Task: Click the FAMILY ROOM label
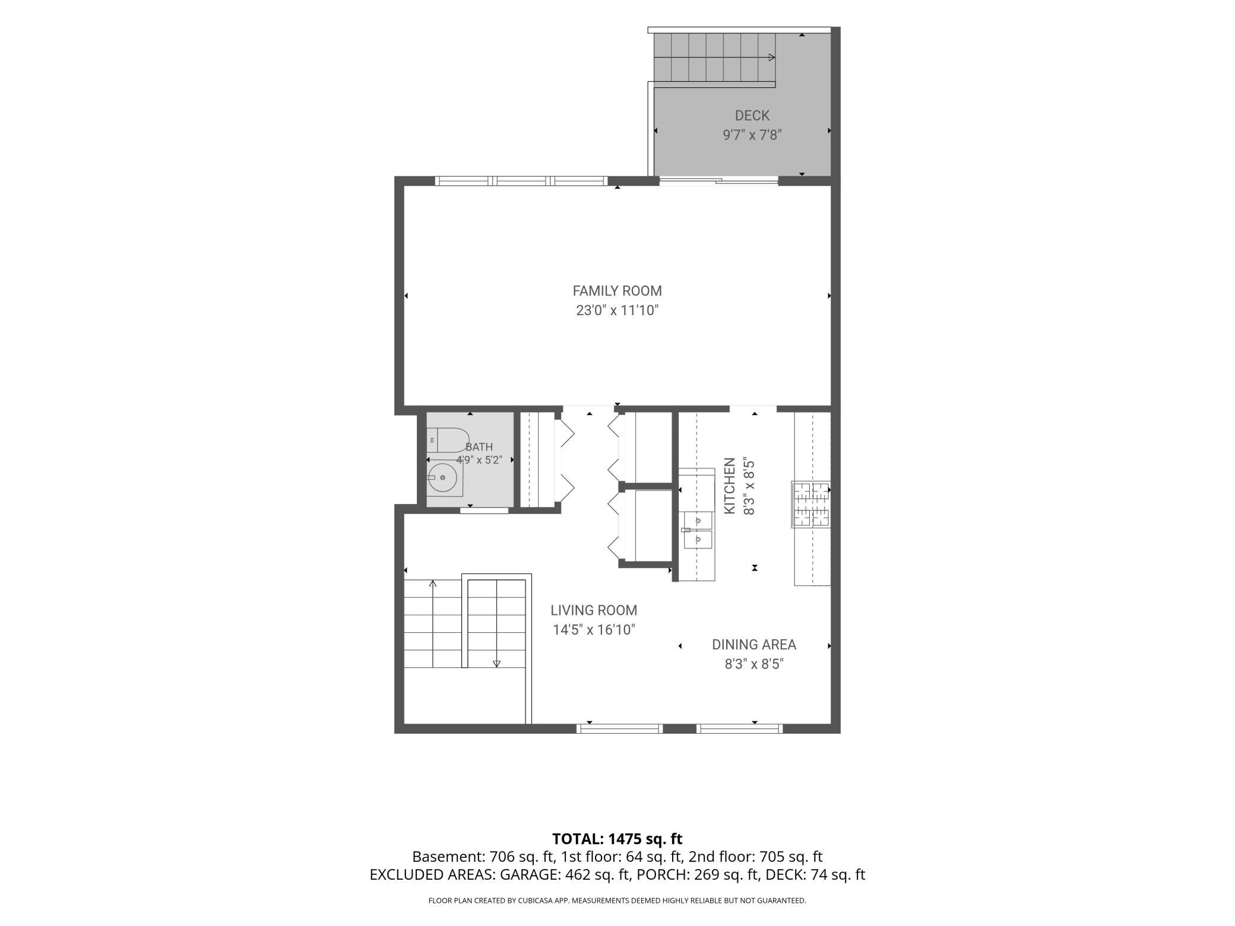coord(617,291)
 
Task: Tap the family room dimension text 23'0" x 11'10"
coord(617,310)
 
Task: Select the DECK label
coord(752,116)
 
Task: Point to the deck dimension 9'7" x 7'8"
coord(752,135)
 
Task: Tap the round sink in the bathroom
coord(445,477)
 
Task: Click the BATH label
coord(479,447)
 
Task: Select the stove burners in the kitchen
coord(811,505)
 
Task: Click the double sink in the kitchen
coord(698,530)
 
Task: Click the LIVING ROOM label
coord(594,610)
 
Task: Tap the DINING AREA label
coord(754,645)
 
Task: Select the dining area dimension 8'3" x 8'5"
coord(754,664)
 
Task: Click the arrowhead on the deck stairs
coord(772,57)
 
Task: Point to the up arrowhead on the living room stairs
coord(433,584)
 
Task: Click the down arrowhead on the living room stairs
coord(497,664)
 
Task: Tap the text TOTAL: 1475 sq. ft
coord(617,839)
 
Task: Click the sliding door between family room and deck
coord(718,181)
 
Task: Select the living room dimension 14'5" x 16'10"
coord(594,630)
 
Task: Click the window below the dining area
coord(739,729)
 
